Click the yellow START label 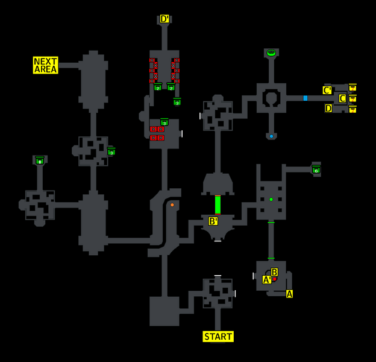click(x=218, y=337)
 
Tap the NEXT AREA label click(x=45, y=65)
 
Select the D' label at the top click(x=164, y=19)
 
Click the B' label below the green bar click(x=213, y=221)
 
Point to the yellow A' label click(x=267, y=280)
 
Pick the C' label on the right click(x=327, y=91)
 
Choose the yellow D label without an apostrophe click(x=328, y=109)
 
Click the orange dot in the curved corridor click(x=172, y=205)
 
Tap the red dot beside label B click(x=274, y=279)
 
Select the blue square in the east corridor click(x=305, y=98)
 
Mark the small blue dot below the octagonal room click(x=271, y=136)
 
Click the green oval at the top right click(x=271, y=52)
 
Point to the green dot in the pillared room click(x=271, y=199)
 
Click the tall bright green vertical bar click(x=218, y=205)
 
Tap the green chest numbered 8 click(x=40, y=160)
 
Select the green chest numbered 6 click(x=316, y=170)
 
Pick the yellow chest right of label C click(x=352, y=98)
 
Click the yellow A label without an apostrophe click(x=289, y=294)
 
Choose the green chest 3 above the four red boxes click(x=164, y=122)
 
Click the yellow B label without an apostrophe click(x=274, y=272)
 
